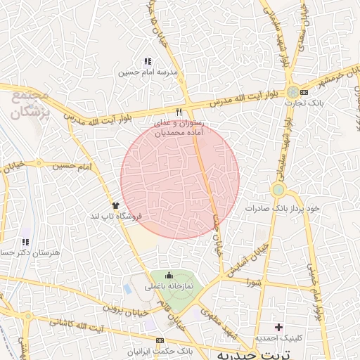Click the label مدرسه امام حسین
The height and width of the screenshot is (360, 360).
pyautogui.click(x=148, y=72)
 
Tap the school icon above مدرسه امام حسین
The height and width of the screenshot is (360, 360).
pyautogui.click(x=148, y=62)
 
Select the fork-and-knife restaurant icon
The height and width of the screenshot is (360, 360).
pyautogui.click(x=179, y=112)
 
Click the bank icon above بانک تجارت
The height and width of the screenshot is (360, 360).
pyautogui.click(x=304, y=92)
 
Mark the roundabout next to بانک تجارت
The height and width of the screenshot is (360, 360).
pyautogui.click(x=292, y=92)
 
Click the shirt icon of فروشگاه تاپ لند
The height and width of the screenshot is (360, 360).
pyautogui.click(x=115, y=205)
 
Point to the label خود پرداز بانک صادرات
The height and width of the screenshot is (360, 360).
pyautogui.click(x=283, y=209)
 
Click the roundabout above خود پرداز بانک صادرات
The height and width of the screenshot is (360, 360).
pyautogui.click(x=278, y=189)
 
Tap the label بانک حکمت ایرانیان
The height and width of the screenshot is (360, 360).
pyautogui.click(x=169, y=349)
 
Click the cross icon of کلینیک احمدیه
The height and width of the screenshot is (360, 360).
pyautogui.click(x=279, y=327)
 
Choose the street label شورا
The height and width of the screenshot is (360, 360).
pyautogui.click(x=254, y=282)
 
